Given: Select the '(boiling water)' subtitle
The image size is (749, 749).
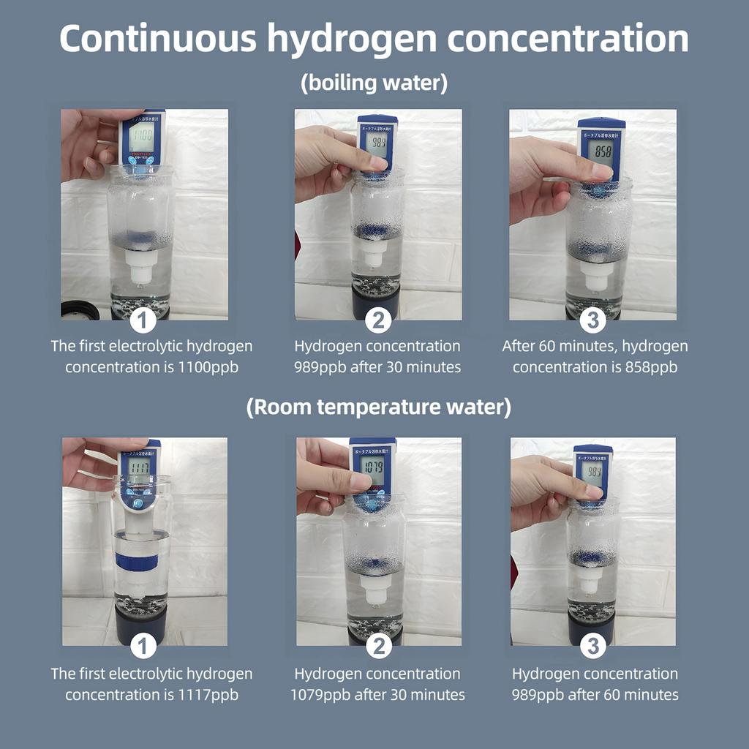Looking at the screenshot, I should coord(374,83).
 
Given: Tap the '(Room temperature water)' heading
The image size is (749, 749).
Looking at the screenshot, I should coord(378,407).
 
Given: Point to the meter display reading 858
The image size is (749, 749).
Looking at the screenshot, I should coord(603,151).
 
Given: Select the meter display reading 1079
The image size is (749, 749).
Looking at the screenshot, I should coord(372,465).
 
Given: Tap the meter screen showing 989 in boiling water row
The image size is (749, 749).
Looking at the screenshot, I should coord(377,142).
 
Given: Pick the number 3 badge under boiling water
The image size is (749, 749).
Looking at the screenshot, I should coord(593,320).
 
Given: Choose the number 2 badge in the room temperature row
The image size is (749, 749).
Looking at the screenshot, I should coord(379,646).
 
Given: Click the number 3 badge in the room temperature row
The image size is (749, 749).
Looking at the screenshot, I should coord(593,646).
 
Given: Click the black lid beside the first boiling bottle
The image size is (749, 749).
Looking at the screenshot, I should coord(80,310).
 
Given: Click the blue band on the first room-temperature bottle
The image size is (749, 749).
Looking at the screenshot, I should coord(137,562).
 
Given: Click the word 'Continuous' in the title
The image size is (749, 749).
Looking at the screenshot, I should coord(157,39).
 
